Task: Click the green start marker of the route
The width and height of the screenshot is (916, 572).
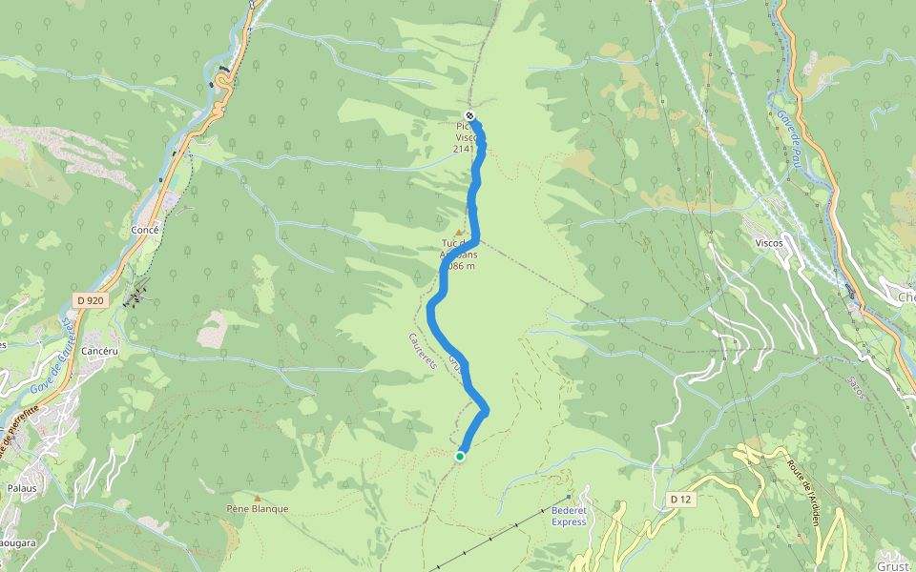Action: tap(460, 457)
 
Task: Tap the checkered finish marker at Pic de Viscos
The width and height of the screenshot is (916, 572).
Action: tap(469, 114)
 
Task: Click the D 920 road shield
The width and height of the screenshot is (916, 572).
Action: tap(89, 300)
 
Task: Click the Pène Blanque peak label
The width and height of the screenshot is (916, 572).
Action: tap(258, 509)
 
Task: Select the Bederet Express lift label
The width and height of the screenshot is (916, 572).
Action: tap(569, 516)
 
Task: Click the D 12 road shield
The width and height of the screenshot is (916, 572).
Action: tap(679, 500)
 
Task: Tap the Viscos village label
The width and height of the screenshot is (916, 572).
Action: tap(769, 243)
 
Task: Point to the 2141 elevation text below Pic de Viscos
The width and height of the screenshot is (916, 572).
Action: tap(463, 149)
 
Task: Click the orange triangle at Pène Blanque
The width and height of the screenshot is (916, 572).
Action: tap(257, 498)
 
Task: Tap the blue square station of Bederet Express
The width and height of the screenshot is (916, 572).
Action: tap(568, 497)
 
